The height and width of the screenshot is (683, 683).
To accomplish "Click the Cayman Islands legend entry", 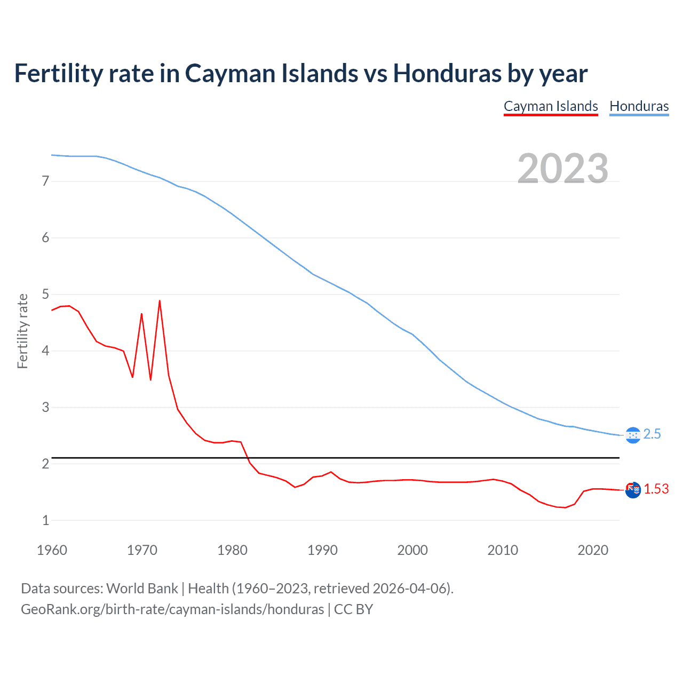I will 551,106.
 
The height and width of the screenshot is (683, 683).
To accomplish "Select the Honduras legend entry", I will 639,106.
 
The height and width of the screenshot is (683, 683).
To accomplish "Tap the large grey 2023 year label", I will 562,169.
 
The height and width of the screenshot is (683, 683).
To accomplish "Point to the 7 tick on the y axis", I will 45,181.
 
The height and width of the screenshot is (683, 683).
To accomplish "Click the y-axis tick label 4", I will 45,351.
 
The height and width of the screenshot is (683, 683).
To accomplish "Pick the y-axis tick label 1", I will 45,521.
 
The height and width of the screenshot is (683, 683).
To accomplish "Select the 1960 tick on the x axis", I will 52,550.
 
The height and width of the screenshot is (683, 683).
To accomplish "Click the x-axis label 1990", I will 322,550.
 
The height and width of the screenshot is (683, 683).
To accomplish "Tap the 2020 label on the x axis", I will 593,550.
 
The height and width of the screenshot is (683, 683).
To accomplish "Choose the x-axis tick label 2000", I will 412,550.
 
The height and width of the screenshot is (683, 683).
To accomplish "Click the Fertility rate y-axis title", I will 22,331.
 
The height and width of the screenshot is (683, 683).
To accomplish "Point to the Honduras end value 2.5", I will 652,434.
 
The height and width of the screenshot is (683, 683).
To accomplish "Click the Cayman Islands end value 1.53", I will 656,489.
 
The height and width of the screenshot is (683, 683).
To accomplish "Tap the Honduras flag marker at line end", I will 632,435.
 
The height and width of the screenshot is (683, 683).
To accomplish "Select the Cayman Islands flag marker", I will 633,490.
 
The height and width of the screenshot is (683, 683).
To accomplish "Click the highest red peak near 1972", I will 160,301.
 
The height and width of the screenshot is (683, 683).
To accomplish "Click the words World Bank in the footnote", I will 142,589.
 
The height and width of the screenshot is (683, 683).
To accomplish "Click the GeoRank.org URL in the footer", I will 172,609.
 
